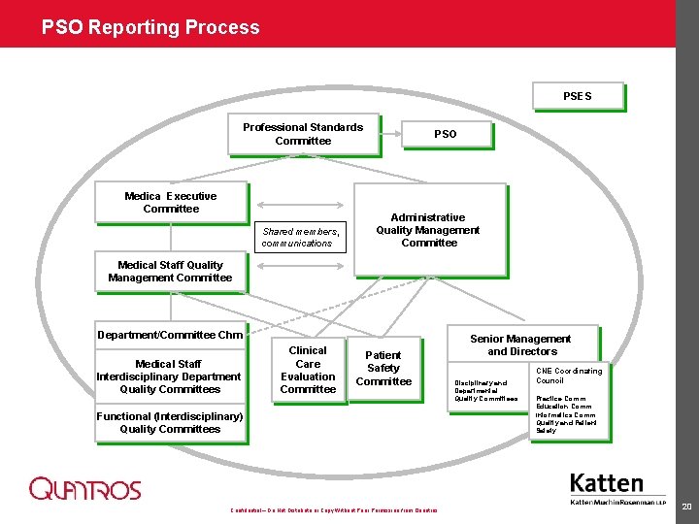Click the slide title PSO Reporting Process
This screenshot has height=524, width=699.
point(150,27)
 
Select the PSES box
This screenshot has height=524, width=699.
point(578,96)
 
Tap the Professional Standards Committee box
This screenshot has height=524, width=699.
point(303,135)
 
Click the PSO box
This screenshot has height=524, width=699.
point(445,134)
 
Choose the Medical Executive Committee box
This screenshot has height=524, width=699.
point(171,203)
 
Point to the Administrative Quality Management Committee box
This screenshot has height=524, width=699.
point(428,230)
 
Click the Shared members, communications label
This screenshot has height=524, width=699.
point(300,238)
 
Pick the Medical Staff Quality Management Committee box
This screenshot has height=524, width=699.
point(170,272)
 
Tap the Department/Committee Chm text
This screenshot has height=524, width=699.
point(170,335)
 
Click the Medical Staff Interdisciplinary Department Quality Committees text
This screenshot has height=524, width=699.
point(169,377)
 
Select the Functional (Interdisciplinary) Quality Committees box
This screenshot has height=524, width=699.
point(170,423)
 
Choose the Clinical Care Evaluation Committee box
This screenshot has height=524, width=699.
point(308,370)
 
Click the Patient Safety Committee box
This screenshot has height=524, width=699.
point(383,369)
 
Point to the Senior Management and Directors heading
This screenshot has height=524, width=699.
point(521,344)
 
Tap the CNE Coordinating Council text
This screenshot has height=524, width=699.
point(569,376)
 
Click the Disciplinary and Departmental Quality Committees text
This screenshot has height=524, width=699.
point(486,390)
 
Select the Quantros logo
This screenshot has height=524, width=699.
point(84,489)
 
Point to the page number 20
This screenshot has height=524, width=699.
point(686,507)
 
